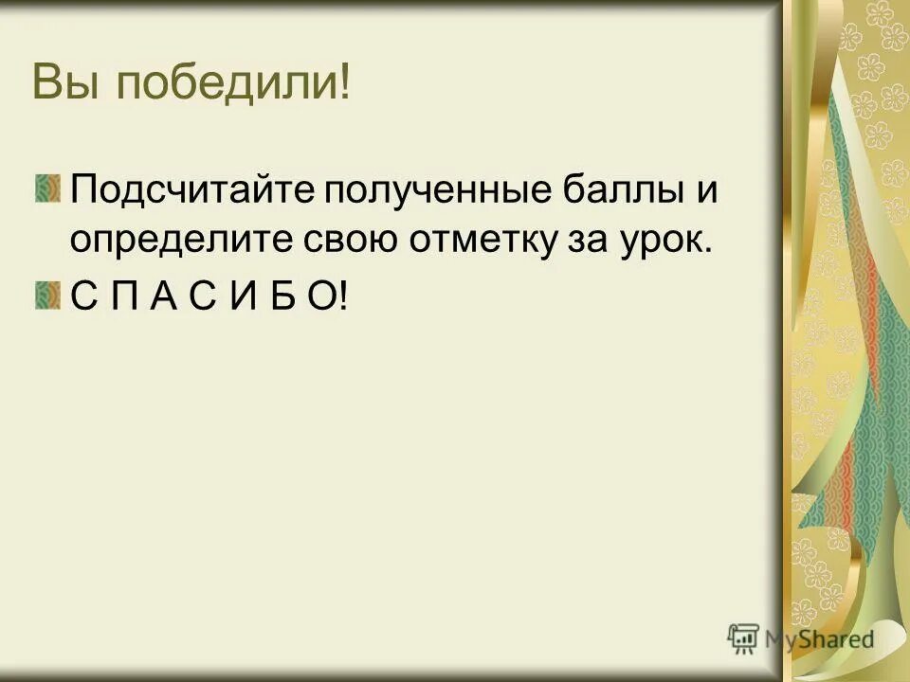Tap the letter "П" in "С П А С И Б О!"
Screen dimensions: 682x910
point(124,299)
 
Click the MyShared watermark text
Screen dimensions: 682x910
point(821,639)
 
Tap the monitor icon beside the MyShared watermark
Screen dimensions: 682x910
point(743,639)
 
